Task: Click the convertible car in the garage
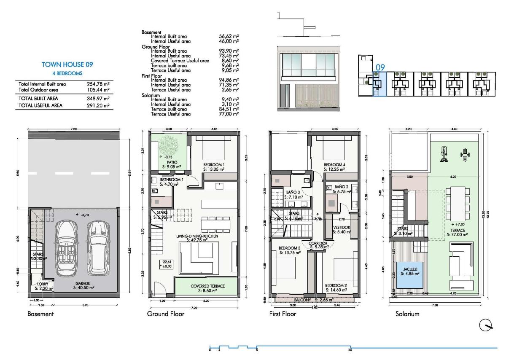69,250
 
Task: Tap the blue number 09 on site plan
381,67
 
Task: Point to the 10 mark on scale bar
350,349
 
